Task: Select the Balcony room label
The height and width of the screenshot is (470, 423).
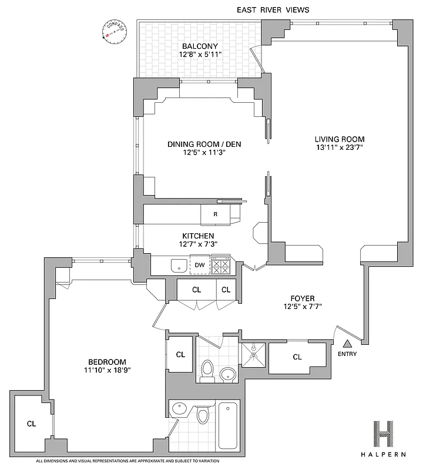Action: tap(200, 46)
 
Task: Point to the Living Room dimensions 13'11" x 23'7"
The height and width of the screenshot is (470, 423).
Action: tap(344, 148)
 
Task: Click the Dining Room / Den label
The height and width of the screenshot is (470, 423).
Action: tap(204, 144)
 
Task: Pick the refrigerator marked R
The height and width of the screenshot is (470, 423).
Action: tap(216, 214)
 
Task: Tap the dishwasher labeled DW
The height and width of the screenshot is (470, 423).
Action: tap(200, 266)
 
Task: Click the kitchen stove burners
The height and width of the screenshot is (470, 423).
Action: tap(221, 266)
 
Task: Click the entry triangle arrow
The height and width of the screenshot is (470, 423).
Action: tap(347, 344)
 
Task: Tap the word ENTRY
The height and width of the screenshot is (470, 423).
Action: tap(347, 354)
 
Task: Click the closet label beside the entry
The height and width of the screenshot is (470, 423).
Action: tap(297, 357)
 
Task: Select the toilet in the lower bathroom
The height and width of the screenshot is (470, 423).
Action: tap(203, 415)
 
